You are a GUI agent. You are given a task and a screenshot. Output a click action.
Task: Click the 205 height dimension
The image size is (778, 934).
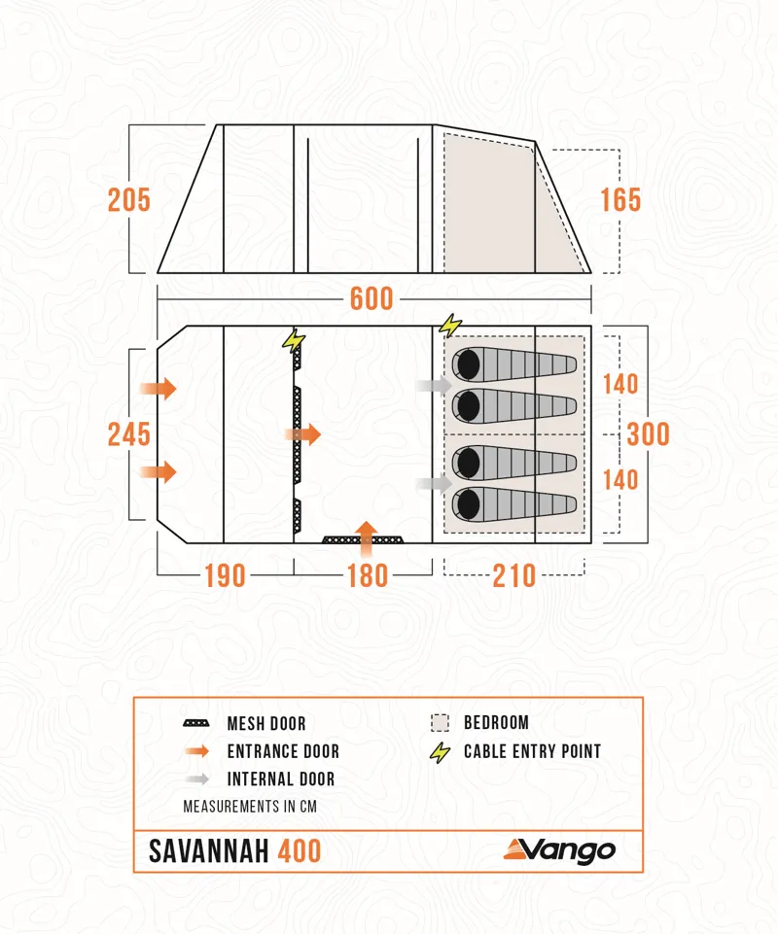[x=128, y=200]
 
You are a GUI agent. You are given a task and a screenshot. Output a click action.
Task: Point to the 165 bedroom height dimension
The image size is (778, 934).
[x=619, y=200]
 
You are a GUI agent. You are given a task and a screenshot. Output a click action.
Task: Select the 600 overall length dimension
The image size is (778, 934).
[x=371, y=298]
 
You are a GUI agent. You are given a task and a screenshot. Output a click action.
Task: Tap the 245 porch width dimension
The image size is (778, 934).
[x=128, y=433]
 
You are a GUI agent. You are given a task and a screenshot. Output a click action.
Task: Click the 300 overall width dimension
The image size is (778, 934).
[x=648, y=433]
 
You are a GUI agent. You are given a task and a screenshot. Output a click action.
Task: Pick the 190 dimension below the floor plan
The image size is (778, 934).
[x=224, y=575]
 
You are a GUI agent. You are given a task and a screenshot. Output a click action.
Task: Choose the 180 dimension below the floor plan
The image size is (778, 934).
[x=368, y=575]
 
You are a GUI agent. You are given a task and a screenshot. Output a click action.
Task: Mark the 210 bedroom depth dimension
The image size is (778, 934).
[x=514, y=575]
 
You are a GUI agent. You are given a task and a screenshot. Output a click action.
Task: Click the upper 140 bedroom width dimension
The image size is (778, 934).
[x=619, y=384]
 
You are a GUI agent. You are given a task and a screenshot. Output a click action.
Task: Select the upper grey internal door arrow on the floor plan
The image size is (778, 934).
[x=433, y=386]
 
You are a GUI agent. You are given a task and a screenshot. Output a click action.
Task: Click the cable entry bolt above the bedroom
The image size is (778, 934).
[x=450, y=326]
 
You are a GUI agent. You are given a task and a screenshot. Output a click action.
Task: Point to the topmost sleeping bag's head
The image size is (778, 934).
[x=467, y=364]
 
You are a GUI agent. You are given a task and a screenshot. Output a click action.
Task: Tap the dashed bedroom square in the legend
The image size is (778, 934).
[x=440, y=723]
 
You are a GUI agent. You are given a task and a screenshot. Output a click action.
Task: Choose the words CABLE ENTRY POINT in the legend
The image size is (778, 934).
[x=532, y=751]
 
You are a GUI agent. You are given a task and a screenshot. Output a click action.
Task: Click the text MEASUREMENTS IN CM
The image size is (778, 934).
[x=250, y=807]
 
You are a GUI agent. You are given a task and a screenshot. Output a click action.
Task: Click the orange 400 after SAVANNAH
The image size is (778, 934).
[x=300, y=851]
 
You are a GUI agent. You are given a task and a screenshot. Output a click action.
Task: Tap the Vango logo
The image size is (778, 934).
[x=559, y=850]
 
